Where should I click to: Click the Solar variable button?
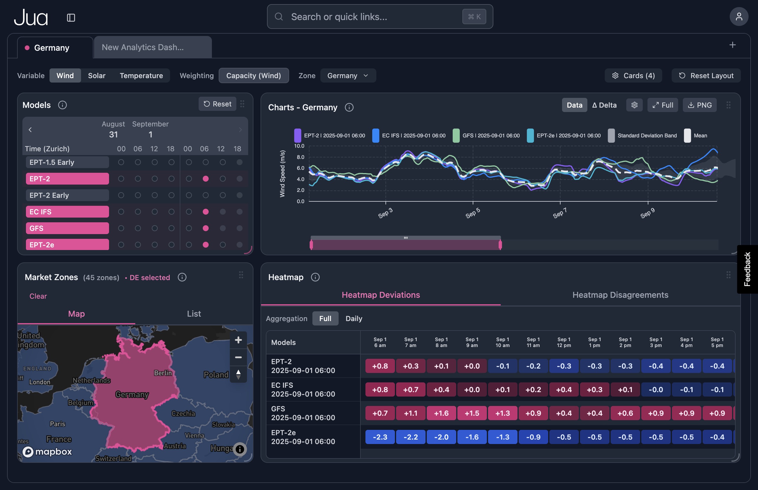(x=97, y=76)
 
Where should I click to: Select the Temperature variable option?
(x=141, y=76)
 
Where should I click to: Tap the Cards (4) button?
(x=633, y=76)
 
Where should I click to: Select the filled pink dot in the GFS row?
(x=205, y=228)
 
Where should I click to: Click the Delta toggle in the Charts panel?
(x=604, y=105)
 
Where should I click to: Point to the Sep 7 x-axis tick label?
(x=560, y=213)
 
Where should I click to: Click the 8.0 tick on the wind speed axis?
(x=300, y=157)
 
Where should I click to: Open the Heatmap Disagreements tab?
(x=620, y=295)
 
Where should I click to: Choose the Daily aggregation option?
(x=354, y=318)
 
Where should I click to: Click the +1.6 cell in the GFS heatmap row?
(x=441, y=413)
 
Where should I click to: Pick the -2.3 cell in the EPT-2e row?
(x=380, y=437)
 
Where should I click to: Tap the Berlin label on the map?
(x=163, y=373)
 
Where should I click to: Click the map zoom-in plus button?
(x=238, y=340)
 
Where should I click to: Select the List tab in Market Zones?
(x=194, y=314)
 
